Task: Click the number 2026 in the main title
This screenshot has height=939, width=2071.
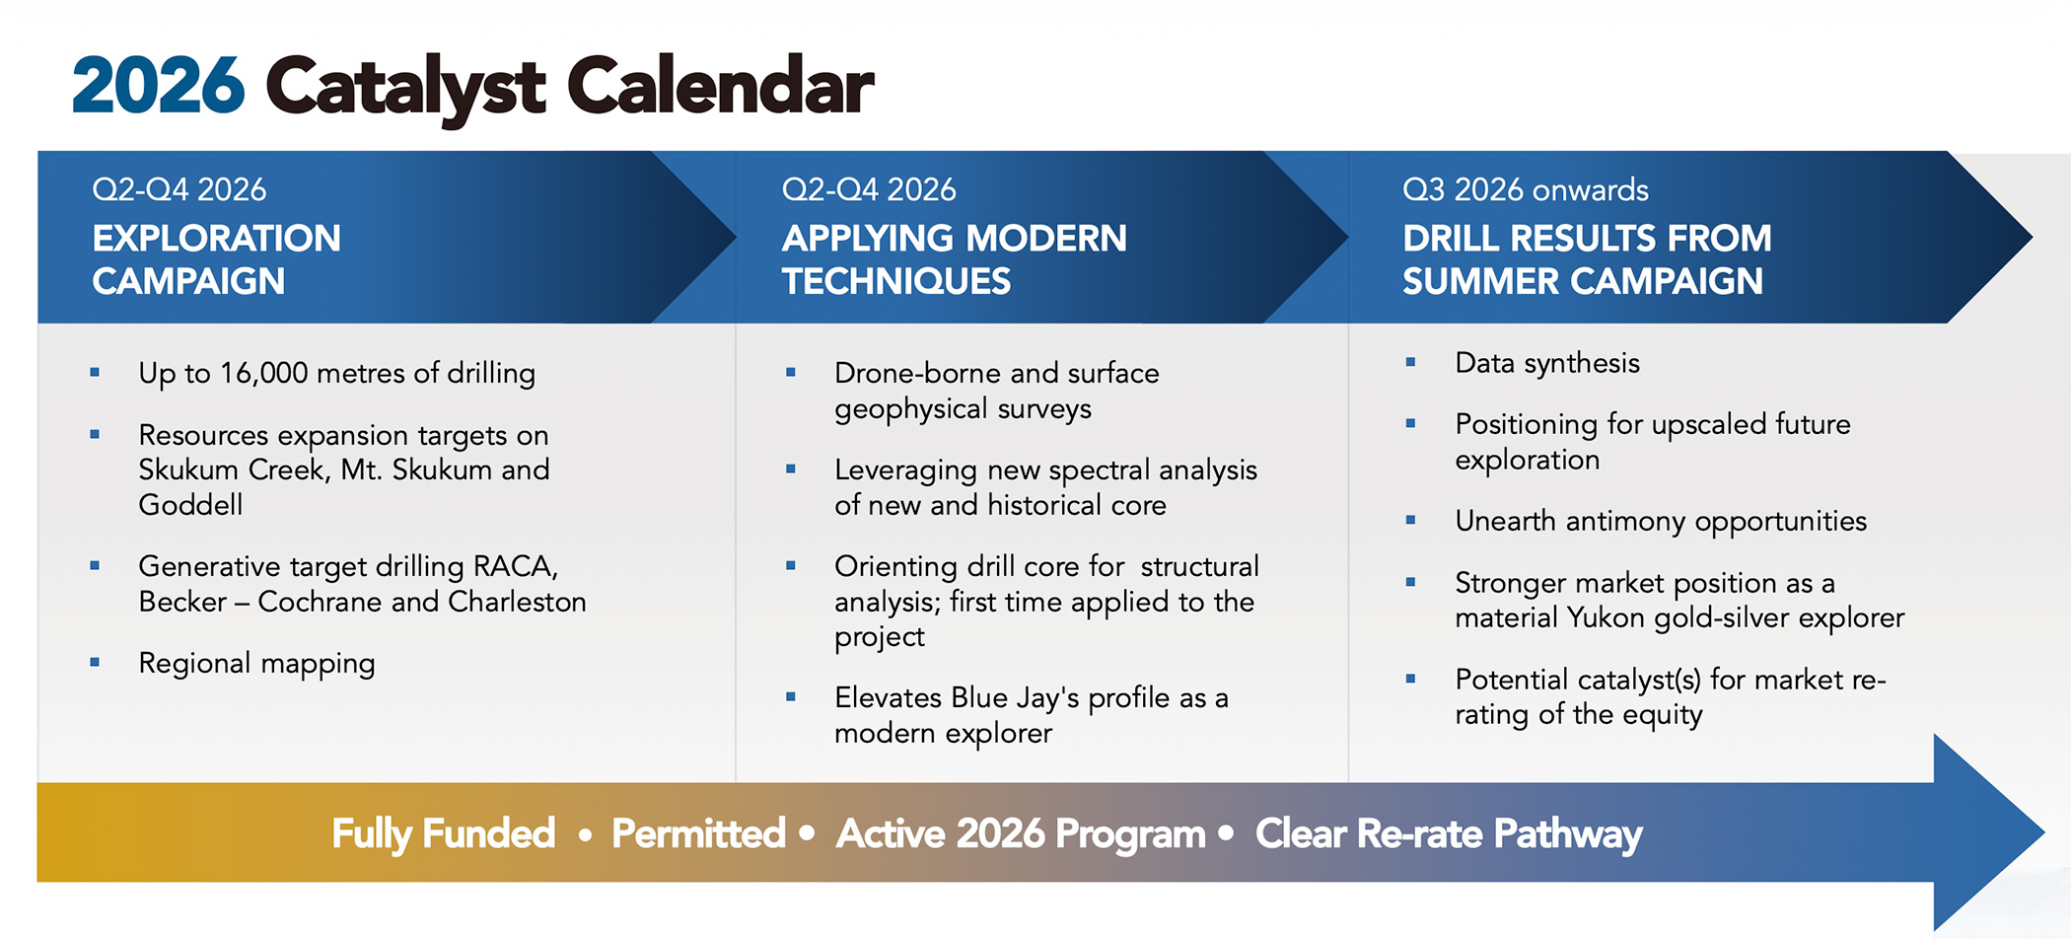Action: tap(158, 86)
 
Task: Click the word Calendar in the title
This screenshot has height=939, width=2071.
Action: tap(720, 86)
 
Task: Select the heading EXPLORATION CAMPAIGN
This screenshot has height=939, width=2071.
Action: tap(217, 259)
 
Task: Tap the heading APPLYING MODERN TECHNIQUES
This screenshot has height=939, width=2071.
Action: tap(954, 259)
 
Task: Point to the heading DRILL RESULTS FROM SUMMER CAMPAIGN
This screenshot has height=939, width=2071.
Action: tap(1587, 259)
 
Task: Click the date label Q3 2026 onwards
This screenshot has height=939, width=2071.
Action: tap(1526, 189)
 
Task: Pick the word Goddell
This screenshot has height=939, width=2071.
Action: tap(190, 505)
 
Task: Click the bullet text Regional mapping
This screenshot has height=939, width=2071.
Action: tap(256, 664)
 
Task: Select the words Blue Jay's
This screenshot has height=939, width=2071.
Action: tap(1015, 698)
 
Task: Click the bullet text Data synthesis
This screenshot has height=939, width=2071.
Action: tap(1547, 364)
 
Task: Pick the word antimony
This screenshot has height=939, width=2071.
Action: tap(1626, 522)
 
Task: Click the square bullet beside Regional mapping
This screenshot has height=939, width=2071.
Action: tap(95, 663)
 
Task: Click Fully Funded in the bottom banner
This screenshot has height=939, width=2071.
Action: tap(444, 834)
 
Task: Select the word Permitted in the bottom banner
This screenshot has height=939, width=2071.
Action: tap(698, 834)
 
